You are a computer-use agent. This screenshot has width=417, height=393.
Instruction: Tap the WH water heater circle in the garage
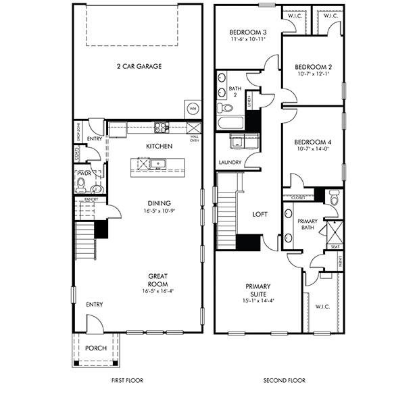click(x=192, y=108)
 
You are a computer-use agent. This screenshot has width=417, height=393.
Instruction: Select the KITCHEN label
click(x=159, y=146)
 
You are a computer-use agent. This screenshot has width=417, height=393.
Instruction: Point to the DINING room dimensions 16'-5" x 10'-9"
click(x=160, y=211)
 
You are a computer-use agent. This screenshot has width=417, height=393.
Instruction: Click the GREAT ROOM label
click(x=159, y=280)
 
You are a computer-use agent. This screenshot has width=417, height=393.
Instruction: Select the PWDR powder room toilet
click(x=82, y=184)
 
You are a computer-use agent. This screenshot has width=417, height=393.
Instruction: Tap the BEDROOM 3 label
click(x=247, y=32)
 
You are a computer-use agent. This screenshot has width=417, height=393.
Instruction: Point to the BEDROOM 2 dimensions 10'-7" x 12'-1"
click(x=313, y=76)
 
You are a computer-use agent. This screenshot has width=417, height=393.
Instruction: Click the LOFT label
click(x=260, y=214)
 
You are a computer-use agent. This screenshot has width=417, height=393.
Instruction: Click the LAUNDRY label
click(x=230, y=163)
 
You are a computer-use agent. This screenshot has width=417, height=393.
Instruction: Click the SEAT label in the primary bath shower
click(x=335, y=247)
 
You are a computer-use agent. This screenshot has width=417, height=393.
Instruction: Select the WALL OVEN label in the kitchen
click(x=193, y=140)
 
